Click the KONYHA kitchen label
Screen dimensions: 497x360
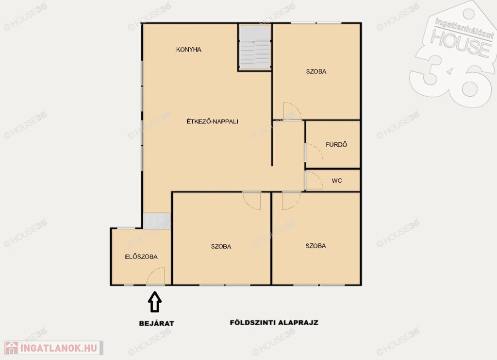click(x=189, y=50)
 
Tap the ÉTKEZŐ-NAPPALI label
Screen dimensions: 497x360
click(x=212, y=121)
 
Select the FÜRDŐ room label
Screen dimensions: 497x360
click(x=336, y=144)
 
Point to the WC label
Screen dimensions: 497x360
click(x=337, y=181)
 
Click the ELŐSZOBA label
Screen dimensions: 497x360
click(x=141, y=257)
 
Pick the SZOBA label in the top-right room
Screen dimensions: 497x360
click(x=316, y=71)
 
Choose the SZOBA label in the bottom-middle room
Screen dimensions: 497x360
click(x=221, y=246)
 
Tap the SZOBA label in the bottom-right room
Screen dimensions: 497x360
click(x=315, y=246)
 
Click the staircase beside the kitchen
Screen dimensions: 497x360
click(x=254, y=48)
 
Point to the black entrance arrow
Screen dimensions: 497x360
click(x=155, y=302)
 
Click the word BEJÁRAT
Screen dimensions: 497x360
click(x=157, y=324)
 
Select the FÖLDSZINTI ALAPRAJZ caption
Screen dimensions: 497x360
click(x=274, y=323)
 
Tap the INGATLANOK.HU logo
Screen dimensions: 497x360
click(x=54, y=348)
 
